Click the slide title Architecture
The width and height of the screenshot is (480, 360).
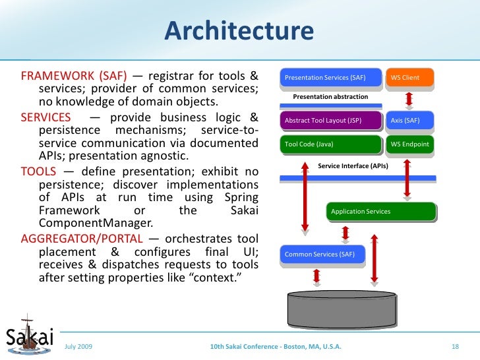(239, 30)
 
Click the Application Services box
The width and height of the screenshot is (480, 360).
(380, 212)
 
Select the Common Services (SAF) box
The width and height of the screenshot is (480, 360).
(322, 255)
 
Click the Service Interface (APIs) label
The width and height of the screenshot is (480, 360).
(353, 166)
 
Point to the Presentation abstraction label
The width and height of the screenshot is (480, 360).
(330, 97)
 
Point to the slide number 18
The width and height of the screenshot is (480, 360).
(454, 346)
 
